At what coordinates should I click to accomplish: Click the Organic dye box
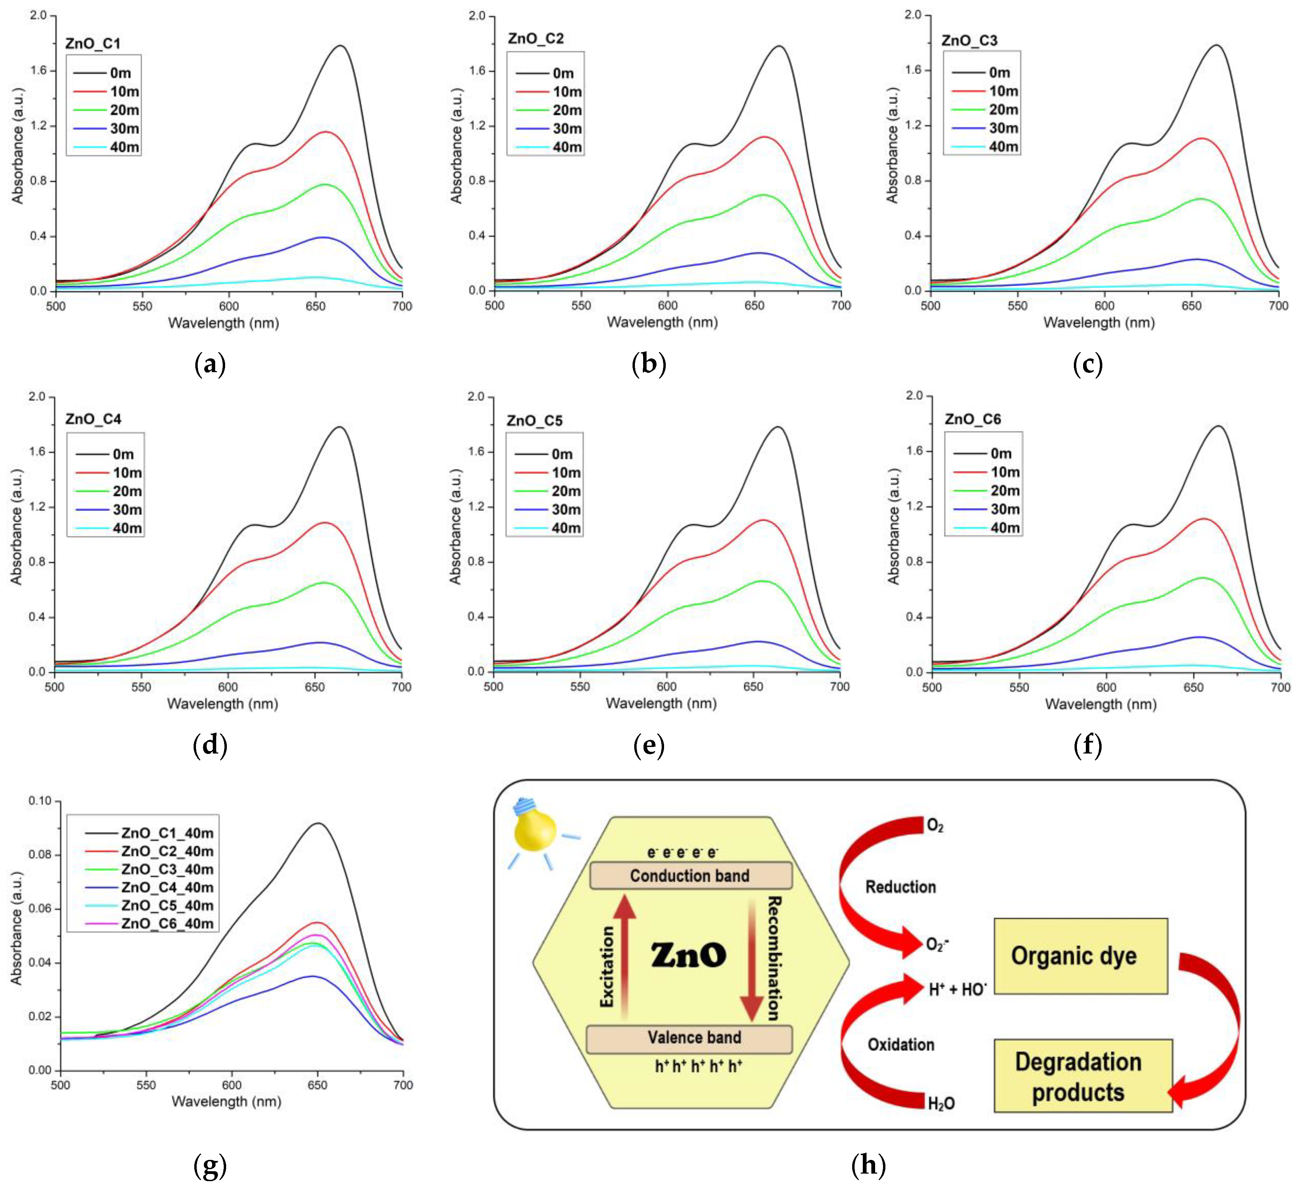1081,956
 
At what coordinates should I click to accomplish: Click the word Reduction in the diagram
900,887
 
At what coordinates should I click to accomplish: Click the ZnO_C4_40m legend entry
167,887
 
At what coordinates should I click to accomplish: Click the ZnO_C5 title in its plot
535,420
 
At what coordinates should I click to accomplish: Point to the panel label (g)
210,1165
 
